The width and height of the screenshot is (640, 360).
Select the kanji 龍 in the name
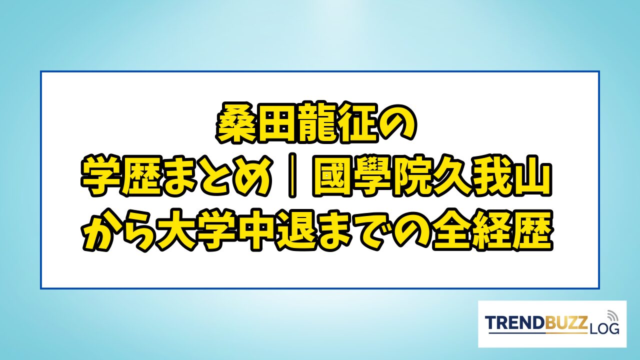pos(316,122)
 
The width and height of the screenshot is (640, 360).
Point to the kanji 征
pos(357,122)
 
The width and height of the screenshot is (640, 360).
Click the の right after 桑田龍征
pos(396,123)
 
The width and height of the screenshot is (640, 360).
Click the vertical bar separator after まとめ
pos(291,176)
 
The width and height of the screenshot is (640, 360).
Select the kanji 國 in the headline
pos(332,175)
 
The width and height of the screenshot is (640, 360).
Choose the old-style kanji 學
pos(372,175)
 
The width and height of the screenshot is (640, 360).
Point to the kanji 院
pos(412,175)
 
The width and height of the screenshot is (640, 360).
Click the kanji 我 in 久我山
pos(491,175)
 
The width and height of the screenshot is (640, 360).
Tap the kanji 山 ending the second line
pos(531,175)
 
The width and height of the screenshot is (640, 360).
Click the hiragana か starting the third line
pos(101,229)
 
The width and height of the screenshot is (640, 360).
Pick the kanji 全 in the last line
pos(452,229)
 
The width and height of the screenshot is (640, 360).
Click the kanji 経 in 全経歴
pos(492,229)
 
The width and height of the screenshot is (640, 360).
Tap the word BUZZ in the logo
pos(564,322)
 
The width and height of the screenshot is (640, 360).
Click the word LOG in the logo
pos(603,329)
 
